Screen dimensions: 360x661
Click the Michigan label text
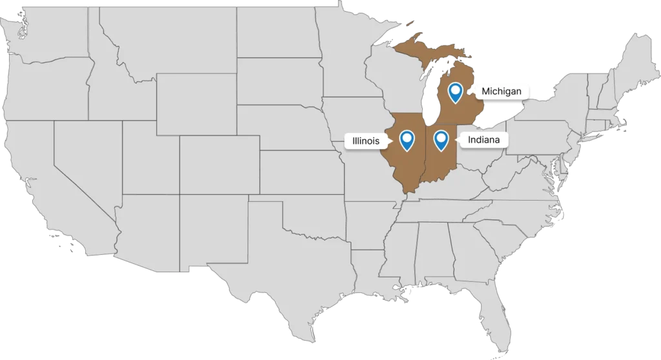[x=501, y=92]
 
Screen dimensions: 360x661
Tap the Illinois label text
[x=366, y=141]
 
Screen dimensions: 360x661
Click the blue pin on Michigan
[x=456, y=92]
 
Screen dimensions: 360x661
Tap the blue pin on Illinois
[x=407, y=139]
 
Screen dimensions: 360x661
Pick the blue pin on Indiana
[x=441, y=138]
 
